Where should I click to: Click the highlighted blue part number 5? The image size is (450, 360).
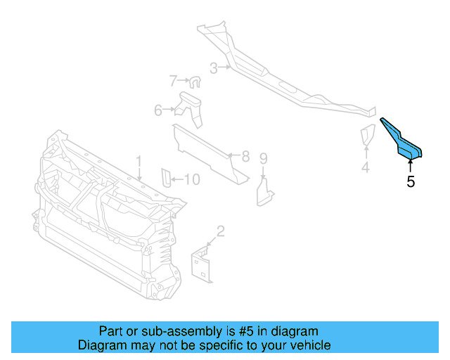403,140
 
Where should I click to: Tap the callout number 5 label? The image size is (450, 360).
411,182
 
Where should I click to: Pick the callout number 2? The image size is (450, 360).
220,230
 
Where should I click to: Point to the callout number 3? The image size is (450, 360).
213,68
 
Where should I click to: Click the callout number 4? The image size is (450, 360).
365,167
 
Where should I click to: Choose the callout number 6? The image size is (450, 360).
159,110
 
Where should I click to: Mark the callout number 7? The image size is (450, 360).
173,81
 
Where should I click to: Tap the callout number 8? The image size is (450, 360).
245,156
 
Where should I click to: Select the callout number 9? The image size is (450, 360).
263,158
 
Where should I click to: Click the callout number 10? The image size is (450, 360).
191,180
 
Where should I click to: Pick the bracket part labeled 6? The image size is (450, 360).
191,107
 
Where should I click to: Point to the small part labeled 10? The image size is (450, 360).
166,179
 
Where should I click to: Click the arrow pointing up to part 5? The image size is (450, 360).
411,165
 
